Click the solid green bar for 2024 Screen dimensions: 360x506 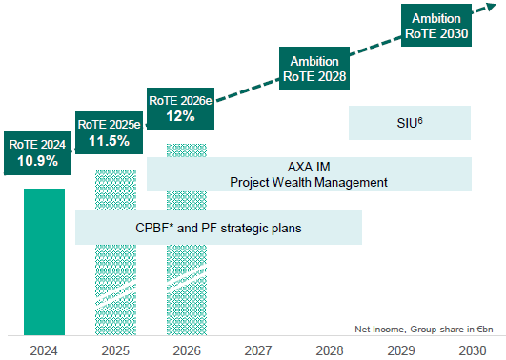[x=44, y=262]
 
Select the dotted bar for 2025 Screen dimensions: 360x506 [x=115, y=286]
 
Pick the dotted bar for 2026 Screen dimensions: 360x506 [x=187, y=286]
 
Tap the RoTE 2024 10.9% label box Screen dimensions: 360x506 [x=37, y=152]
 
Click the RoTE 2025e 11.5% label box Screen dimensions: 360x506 [x=109, y=131]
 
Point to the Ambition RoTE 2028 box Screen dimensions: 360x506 [x=313, y=66]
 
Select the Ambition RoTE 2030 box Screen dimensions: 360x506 [x=436, y=26]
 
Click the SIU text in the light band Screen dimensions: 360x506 [x=410, y=122]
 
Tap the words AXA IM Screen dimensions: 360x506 [x=310, y=166]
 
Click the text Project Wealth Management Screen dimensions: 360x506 [x=310, y=182]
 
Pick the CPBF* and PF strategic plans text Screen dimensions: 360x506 [x=218, y=227]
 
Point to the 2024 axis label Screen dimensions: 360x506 [x=44, y=349]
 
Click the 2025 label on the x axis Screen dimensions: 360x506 [x=115, y=349]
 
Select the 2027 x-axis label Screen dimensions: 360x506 [x=258, y=349]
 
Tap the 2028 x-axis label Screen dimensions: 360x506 [x=330, y=349]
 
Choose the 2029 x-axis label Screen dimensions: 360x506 [x=401, y=349]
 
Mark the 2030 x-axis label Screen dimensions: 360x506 [x=471, y=349]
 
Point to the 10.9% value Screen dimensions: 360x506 [x=37, y=161]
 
